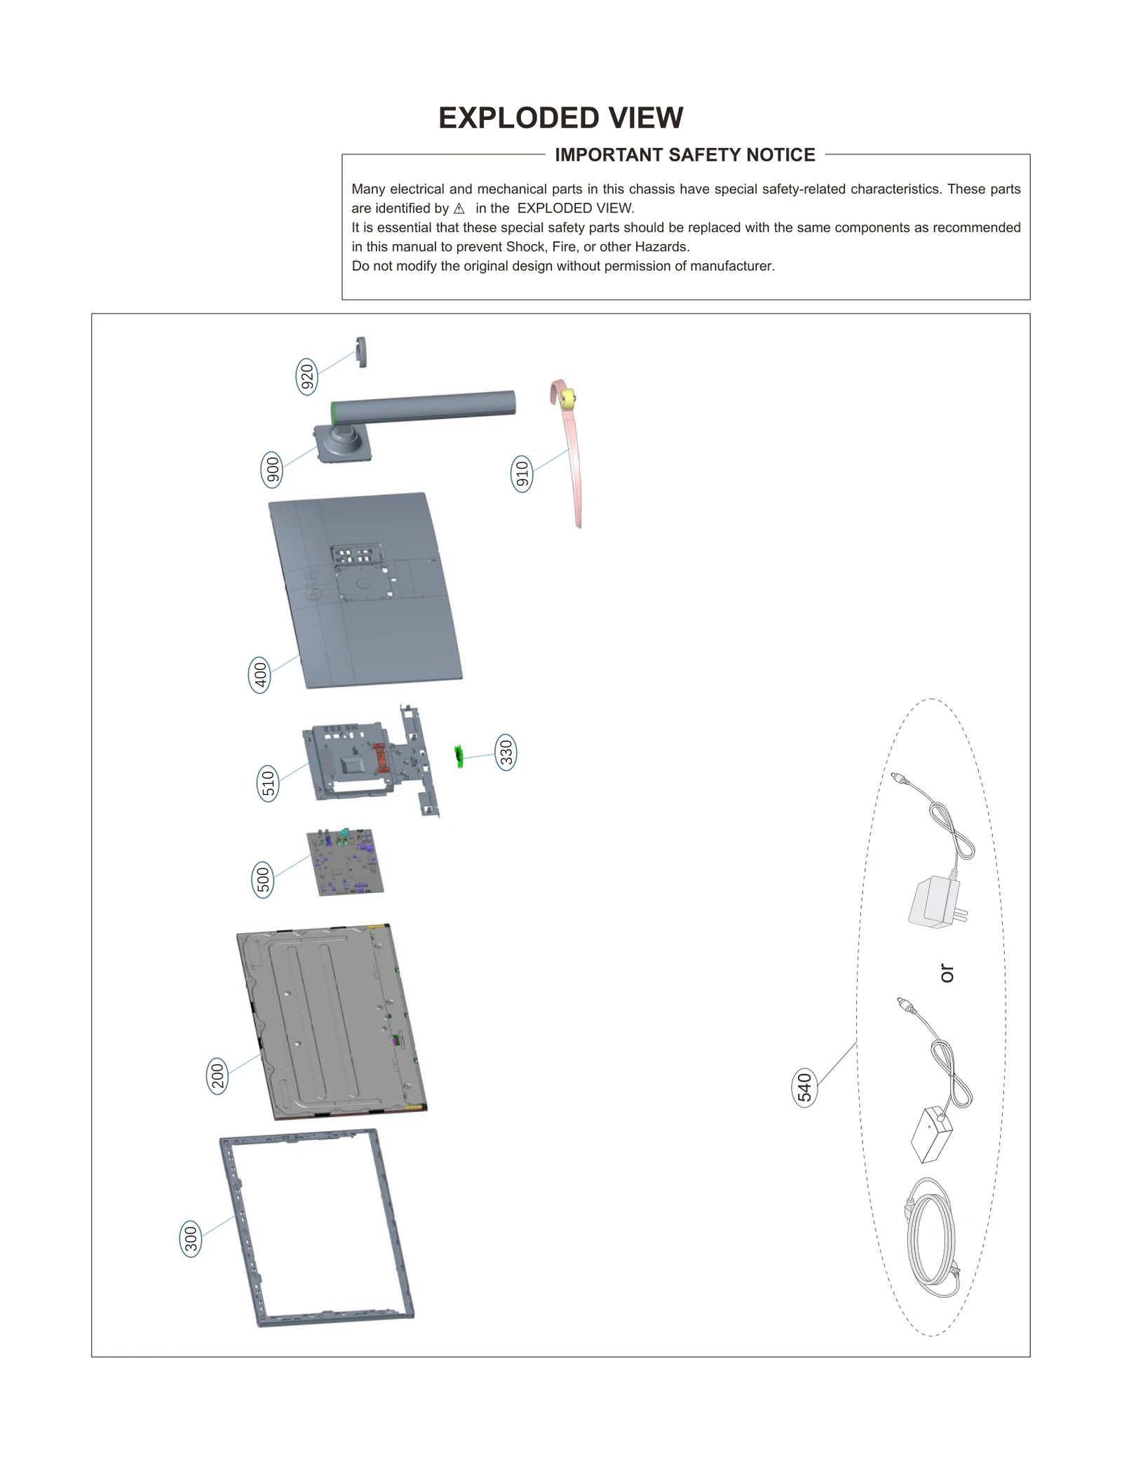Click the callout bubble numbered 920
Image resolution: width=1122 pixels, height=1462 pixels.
coord(307,377)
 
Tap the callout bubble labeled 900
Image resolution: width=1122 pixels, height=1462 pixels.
coord(272,469)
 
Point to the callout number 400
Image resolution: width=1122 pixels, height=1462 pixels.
coord(260,675)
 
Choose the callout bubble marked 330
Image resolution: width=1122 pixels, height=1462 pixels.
coord(506,753)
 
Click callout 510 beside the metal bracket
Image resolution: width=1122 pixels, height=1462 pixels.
coord(268,784)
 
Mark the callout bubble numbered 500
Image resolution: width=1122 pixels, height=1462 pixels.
coord(263,880)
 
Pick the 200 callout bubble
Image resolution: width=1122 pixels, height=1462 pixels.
coord(217,1075)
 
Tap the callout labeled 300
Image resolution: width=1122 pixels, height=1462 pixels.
coord(191,1239)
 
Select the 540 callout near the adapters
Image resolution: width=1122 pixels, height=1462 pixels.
coord(804,1088)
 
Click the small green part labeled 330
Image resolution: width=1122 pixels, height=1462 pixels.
coord(459,756)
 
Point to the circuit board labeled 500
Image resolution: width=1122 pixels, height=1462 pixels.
coord(346,862)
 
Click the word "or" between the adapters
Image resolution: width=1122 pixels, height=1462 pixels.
coord(946,973)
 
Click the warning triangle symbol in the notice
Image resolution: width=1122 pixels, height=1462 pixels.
coord(459,209)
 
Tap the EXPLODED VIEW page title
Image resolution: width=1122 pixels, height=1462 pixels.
coord(560,118)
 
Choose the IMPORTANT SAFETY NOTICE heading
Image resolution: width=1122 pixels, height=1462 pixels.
coord(685,155)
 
